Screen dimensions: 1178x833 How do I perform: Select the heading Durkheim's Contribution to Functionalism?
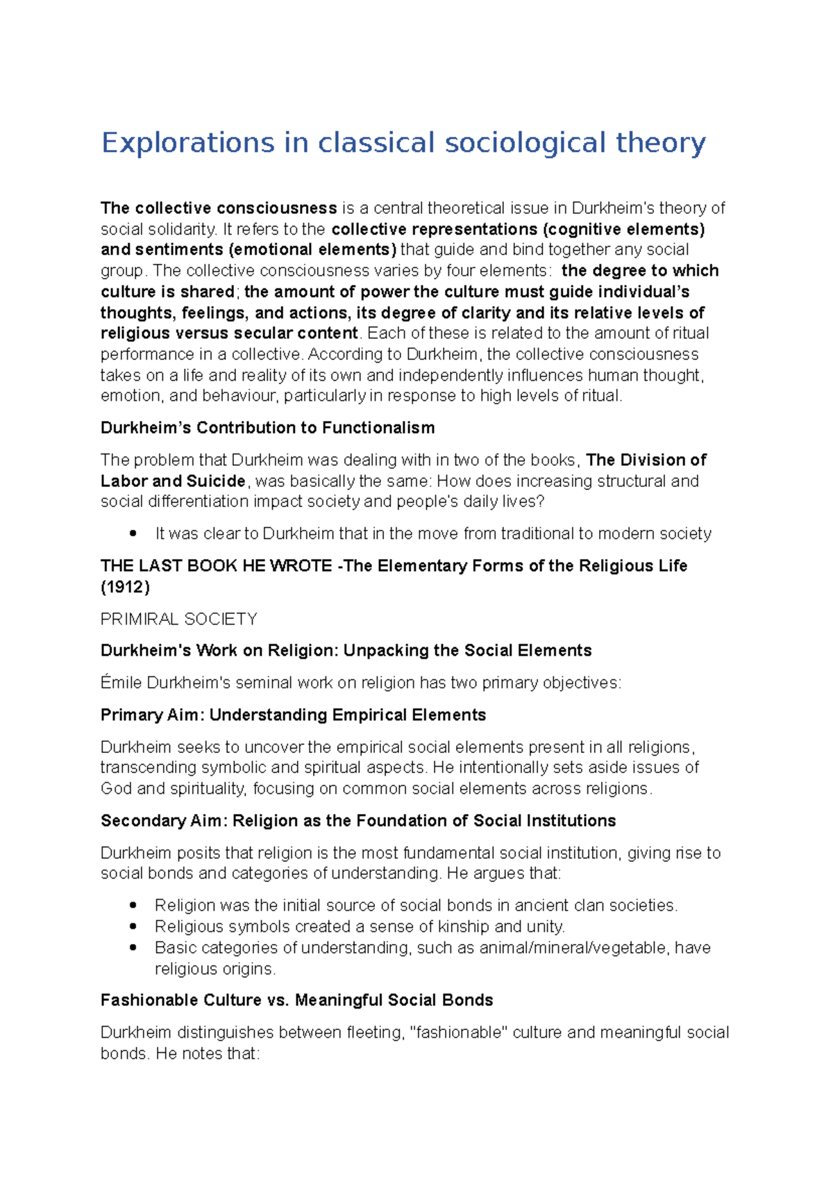[x=267, y=428]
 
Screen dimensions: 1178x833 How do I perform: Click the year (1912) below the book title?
[x=125, y=587]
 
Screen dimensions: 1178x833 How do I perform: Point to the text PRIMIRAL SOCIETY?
[x=178, y=619]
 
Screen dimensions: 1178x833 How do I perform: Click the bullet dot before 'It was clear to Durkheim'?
[x=133, y=533]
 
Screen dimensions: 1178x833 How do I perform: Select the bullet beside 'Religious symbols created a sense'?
[x=133, y=927]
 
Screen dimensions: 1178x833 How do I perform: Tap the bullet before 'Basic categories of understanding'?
[x=133, y=947]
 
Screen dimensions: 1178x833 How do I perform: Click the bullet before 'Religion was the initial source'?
[x=133, y=906]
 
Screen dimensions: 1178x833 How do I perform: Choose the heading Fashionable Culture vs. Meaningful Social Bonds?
[x=296, y=1000]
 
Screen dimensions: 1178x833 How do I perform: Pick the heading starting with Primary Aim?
[x=293, y=715]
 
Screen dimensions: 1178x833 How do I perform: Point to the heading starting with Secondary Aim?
[x=357, y=821]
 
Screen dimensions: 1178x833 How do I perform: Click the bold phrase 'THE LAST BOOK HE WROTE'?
[x=216, y=566]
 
